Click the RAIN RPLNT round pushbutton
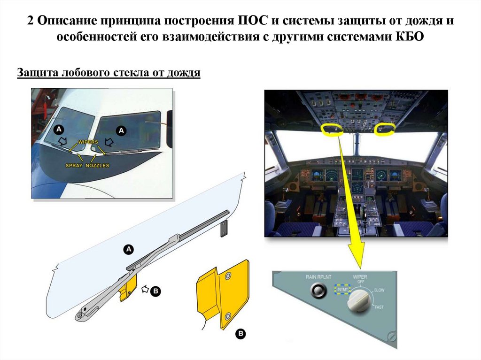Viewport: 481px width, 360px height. point(317,292)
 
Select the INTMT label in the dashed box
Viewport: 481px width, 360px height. point(342,289)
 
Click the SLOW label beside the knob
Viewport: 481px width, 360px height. point(379,290)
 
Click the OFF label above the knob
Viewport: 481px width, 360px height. point(361,282)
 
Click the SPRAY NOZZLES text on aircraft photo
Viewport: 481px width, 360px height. point(87,166)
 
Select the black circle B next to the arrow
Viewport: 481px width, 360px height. point(155,291)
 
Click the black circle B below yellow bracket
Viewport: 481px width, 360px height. point(240,334)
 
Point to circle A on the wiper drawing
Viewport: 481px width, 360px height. point(128,250)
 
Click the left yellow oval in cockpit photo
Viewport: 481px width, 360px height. point(333,129)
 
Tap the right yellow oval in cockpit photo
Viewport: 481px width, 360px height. point(384,129)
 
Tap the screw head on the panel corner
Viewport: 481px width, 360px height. point(392,337)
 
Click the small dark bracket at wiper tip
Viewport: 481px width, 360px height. point(224,228)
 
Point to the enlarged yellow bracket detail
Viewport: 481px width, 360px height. point(221,294)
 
